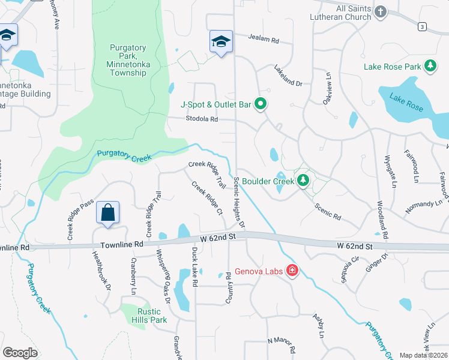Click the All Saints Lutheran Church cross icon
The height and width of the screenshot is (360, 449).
[x=380, y=12]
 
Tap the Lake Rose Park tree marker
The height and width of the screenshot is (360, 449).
[x=430, y=67]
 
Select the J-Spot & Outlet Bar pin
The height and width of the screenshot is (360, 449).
[x=261, y=105]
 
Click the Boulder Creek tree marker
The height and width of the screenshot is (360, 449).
[x=303, y=180]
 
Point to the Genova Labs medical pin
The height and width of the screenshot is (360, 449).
[x=292, y=271]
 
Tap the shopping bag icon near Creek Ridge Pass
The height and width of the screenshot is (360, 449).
[x=107, y=213]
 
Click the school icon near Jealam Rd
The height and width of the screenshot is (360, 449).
[x=221, y=42]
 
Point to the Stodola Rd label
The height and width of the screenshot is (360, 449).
[x=201, y=119]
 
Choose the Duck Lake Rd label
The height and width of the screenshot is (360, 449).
[x=194, y=267]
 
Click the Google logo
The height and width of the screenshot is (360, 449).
[x=20, y=352]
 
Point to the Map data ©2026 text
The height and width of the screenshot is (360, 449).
[x=424, y=355]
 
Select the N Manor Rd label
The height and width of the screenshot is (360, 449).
[x=282, y=344]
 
